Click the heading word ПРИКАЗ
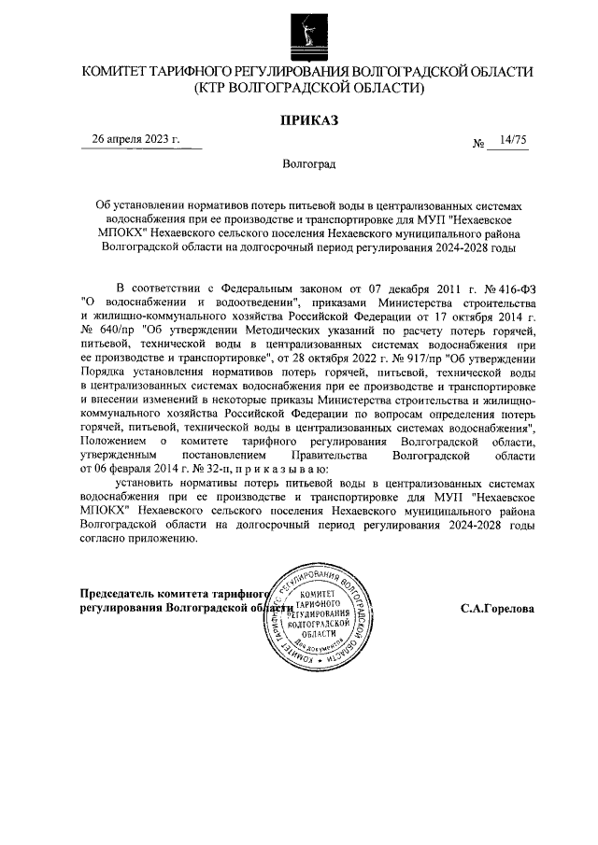[x=307, y=119]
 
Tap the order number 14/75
[x=513, y=140]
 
